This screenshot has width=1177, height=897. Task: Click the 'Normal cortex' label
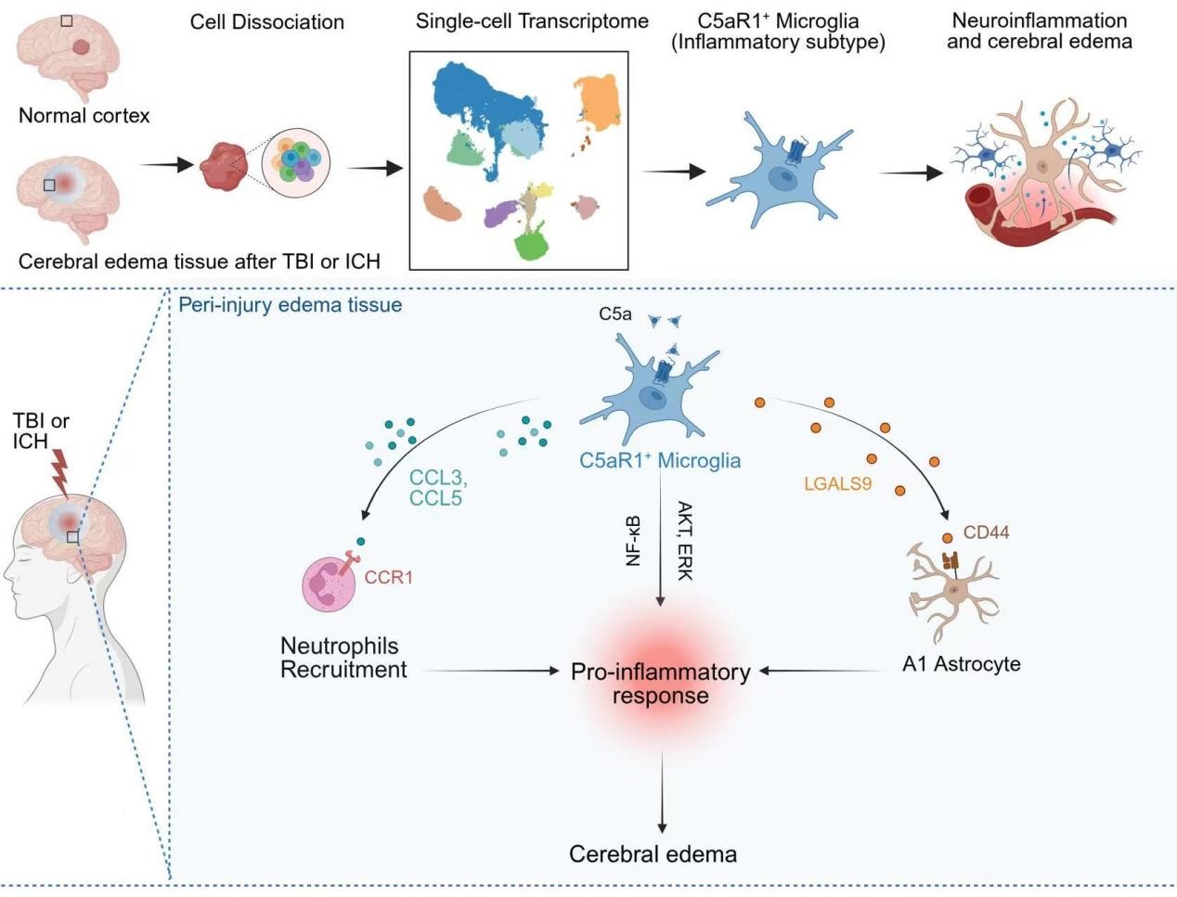[84, 116]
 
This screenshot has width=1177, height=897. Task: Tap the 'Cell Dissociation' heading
[266, 21]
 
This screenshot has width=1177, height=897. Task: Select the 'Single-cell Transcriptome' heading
[532, 21]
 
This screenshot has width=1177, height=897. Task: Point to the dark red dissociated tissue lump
[224, 166]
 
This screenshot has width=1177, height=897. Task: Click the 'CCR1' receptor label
[388, 578]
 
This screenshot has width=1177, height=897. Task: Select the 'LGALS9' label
[837, 483]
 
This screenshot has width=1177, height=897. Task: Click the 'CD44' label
[986, 532]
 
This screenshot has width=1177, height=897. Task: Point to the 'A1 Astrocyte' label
[961, 664]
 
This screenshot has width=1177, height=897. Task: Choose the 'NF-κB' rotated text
[634, 540]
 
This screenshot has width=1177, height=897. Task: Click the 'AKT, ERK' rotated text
[685, 540]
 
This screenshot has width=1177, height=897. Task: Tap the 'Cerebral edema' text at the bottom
[653, 854]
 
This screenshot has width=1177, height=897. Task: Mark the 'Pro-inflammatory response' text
[660, 684]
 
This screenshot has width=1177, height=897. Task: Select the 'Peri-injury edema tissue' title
[290, 304]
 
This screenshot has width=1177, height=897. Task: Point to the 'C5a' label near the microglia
[614, 314]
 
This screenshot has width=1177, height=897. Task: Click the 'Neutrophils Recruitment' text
[343, 658]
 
